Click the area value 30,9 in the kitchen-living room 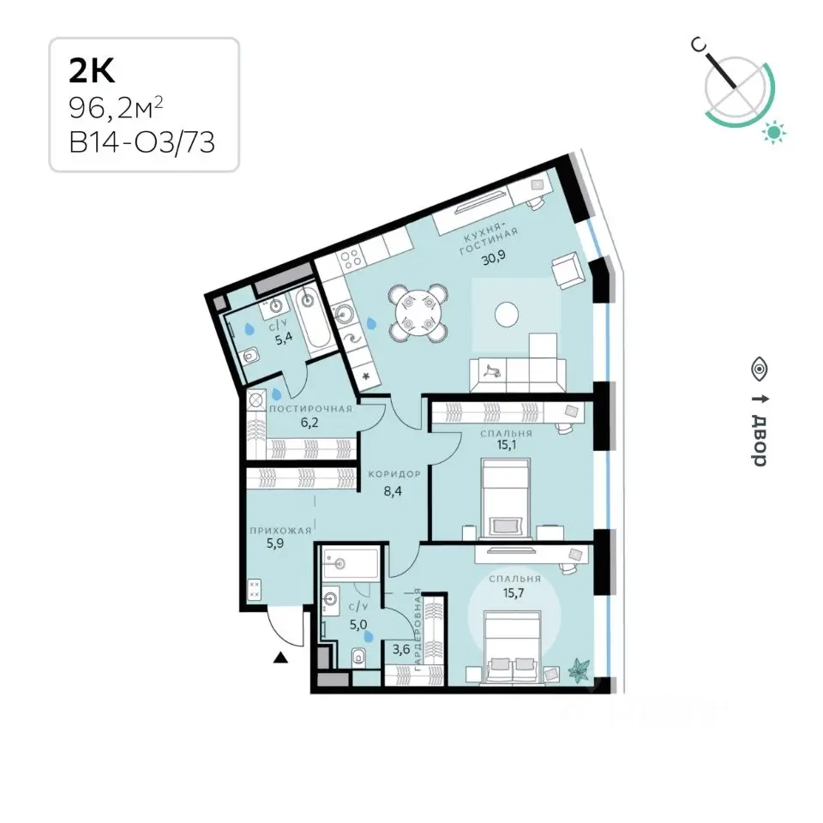(x=494, y=259)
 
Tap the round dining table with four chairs (x=418, y=313)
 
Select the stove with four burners (x=351, y=258)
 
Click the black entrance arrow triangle (x=281, y=657)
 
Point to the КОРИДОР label (x=394, y=474)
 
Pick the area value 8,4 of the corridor (x=393, y=491)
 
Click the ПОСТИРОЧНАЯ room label (x=310, y=409)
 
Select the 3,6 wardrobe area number (x=401, y=649)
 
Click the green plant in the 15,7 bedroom (x=579, y=670)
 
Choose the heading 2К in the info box (x=92, y=71)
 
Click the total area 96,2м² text (x=116, y=109)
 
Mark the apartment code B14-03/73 (x=141, y=142)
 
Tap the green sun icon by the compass (x=774, y=132)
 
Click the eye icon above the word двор (x=759, y=369)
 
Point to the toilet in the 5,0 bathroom (x=359, y=657)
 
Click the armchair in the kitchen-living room (x=566, y=270)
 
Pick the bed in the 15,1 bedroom (x=505, y=499)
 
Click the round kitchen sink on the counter (x=344, y=315)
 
